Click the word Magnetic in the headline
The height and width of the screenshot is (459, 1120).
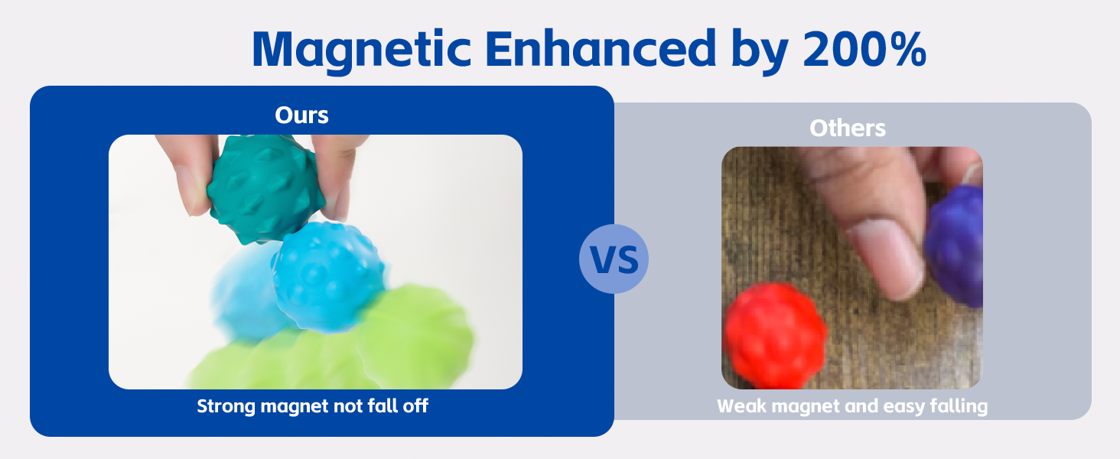coord(362,50)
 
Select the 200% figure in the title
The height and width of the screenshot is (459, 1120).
coord(864,48)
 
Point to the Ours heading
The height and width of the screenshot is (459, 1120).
coord(301,115)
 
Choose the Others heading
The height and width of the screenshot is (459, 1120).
coord(848,128)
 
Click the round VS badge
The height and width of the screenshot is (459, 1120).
coord(614,259)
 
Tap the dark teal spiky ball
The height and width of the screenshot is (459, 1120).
coord(266,189)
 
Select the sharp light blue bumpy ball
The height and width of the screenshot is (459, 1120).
coord(327,278)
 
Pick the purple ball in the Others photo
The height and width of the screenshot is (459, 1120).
coord(955,246)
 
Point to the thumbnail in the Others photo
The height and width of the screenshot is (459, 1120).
coord(887,259)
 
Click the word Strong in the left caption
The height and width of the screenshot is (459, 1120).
coord(226,406)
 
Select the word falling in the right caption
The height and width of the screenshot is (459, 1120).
coord(959,406)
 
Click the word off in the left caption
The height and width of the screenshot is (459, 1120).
coord(415,405)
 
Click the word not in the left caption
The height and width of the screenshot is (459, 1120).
coord(347,406)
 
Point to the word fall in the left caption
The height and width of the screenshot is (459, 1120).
coord(383,405)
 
